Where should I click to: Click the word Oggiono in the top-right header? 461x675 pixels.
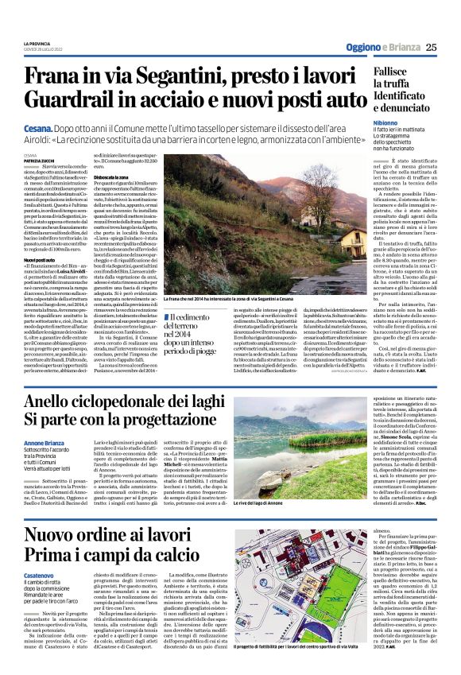362,47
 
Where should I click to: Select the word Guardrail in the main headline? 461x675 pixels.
72,101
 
